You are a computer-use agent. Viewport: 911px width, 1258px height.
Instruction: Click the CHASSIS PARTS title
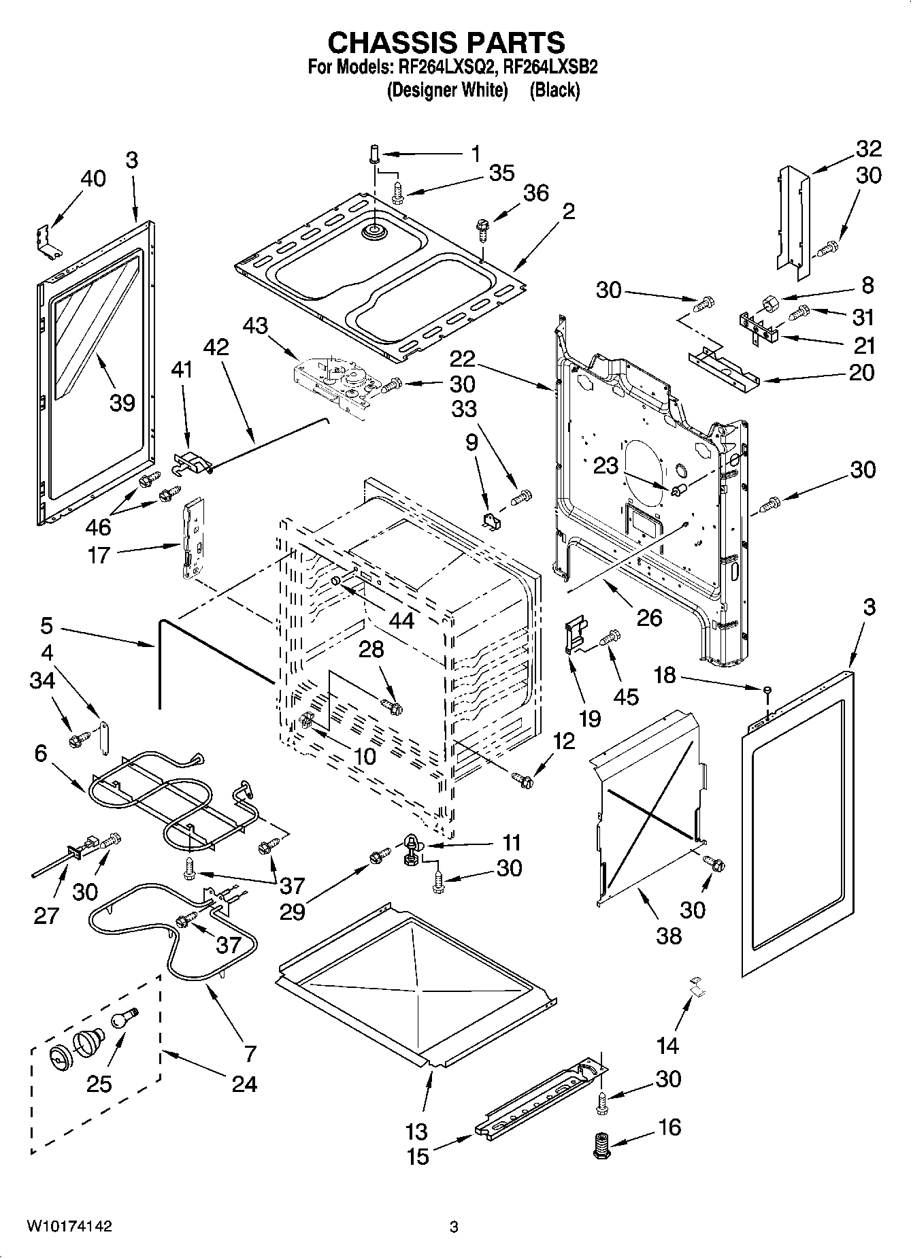point(446,43)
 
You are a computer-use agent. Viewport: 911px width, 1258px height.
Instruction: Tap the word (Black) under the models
point(554,90)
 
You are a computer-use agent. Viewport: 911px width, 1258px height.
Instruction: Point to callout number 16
point(669,1127)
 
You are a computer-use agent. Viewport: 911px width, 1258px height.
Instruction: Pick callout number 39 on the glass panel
point(122,402)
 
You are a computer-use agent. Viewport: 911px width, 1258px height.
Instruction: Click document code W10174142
point(69,1226)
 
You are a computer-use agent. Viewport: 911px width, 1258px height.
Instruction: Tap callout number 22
point(463,358)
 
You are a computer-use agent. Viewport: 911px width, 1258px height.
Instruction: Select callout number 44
point(401,620)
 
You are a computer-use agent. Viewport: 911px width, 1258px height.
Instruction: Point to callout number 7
point(250,1053)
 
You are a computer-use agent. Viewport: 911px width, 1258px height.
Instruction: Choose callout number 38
point(669,936)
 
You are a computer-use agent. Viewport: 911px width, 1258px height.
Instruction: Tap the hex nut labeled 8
point(768,301)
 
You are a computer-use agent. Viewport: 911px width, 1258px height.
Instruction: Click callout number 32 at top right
point(868,148)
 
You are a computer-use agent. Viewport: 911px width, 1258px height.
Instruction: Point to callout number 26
point(649,617)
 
